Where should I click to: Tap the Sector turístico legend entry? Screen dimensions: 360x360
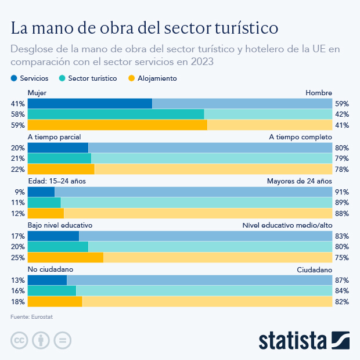tap(88, 78)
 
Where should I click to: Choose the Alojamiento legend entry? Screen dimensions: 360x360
tap(152, 78)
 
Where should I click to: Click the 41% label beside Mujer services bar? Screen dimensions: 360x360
tap(17, 103)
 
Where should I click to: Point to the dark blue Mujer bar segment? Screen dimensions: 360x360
tap(89, 103)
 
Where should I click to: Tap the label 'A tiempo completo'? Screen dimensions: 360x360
tap(300, 137)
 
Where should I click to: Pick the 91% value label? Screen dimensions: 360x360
tap(341, 192)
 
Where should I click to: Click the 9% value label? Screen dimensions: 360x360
tap(19, 192)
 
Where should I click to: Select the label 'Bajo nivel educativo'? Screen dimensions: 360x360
tap(60, 225)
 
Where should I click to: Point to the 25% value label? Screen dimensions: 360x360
tap(17, 257)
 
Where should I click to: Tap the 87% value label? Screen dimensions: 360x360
tap(341, 280)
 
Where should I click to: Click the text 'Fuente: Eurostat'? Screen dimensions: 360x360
tap(35, 317)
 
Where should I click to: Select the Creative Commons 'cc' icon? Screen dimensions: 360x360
tap(19, 340)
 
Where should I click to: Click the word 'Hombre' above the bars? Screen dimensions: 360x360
tap(319, 93)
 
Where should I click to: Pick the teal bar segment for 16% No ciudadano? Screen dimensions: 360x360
tap(52, 290)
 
